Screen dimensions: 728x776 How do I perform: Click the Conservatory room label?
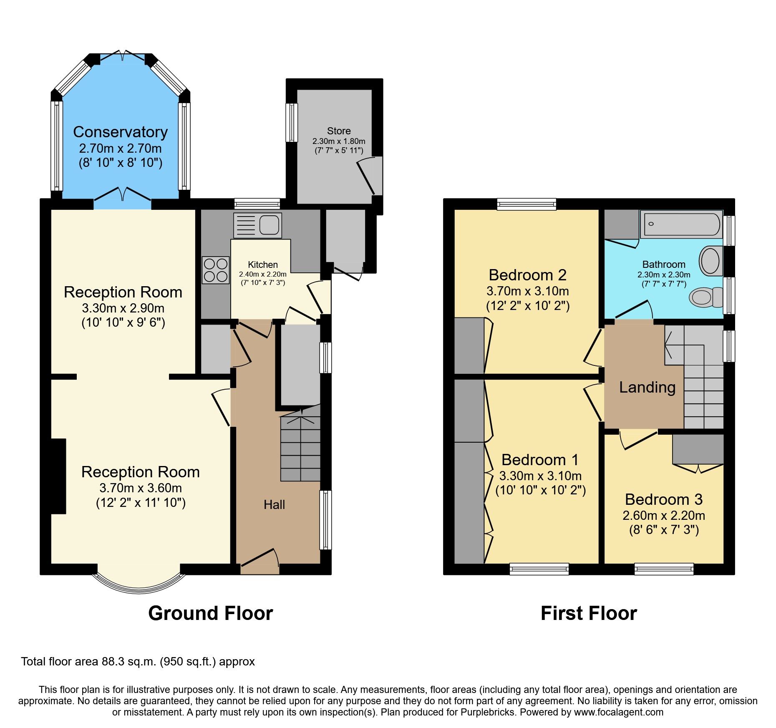[x=120, y=132]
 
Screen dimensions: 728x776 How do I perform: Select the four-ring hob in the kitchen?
[x=216, y=270]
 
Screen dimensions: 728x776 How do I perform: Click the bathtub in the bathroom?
[x=682, y=224]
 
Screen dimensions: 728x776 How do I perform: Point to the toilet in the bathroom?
[x=706, y=297]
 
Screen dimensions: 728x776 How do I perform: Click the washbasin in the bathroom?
[x=711, y=261]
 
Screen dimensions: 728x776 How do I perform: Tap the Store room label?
[x=338, y=131]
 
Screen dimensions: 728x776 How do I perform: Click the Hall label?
[x=274, y=505]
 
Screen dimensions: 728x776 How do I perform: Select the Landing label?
[x=647, y=387]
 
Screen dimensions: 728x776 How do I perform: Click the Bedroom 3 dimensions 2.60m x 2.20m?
[x=663, y=516]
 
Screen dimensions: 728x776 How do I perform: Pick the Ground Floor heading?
[x=210, y=613]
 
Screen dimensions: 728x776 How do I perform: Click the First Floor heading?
[x=589, y=613]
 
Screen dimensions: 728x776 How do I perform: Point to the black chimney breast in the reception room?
[x=58, y=476]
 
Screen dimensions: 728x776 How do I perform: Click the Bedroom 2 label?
[x=527, y=275]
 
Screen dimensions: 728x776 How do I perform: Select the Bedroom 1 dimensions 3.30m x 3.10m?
[x=540, y=476]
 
